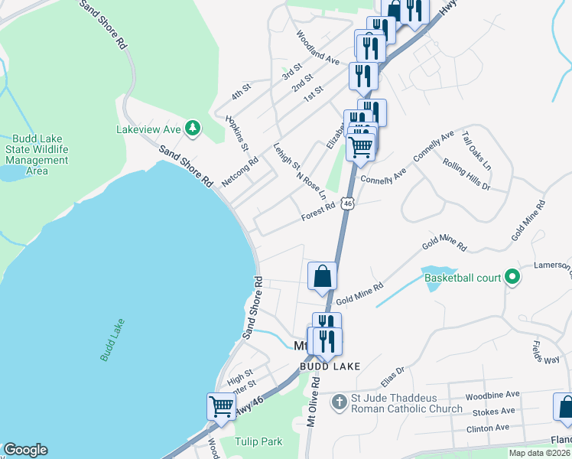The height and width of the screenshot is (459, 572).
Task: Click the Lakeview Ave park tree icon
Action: coord(193,129)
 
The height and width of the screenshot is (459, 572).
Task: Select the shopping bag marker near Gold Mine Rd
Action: coord(322,276)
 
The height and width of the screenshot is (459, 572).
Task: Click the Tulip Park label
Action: coord(258,441)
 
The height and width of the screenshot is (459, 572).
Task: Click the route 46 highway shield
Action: coord(348,203)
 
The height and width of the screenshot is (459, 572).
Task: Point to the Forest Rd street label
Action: coord(318,212)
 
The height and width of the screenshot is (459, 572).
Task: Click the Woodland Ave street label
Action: coord(317,47)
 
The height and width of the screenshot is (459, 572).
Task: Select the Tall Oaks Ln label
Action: coord(476,151)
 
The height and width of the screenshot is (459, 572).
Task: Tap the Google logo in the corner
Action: coord(25,450)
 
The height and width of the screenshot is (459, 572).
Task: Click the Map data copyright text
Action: coord(539,453)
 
